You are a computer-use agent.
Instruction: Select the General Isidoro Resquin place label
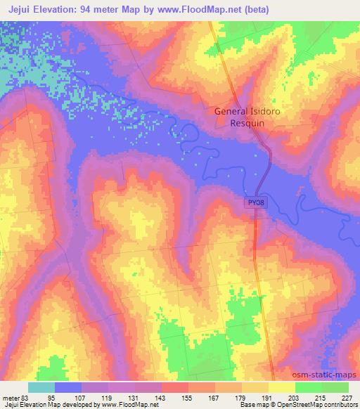tap(240, 116)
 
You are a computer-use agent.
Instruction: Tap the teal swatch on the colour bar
tap(41, 387)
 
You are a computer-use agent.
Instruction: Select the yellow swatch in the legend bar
tap(282, 387)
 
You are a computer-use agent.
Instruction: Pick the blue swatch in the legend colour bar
tap(68, 387)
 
